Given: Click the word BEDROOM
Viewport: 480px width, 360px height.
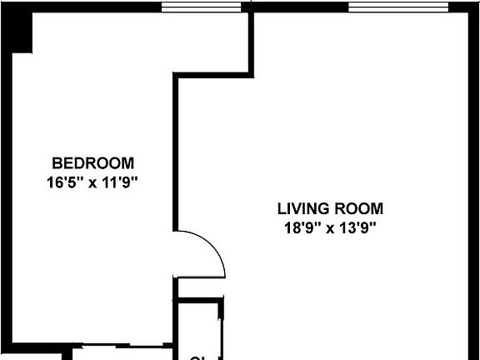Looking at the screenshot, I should click(x=92, y=162).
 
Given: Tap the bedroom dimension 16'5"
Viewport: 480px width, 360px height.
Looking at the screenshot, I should click(x=64, y=182).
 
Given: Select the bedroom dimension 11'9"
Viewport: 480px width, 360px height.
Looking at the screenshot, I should click(x=117, y=182).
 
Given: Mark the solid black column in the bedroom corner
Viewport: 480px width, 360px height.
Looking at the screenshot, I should click(x=20, y=32).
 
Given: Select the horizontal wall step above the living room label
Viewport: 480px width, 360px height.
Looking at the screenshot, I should click(x=212, y=76).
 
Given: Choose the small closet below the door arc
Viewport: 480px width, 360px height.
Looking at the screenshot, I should click(x=200, y=325).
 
